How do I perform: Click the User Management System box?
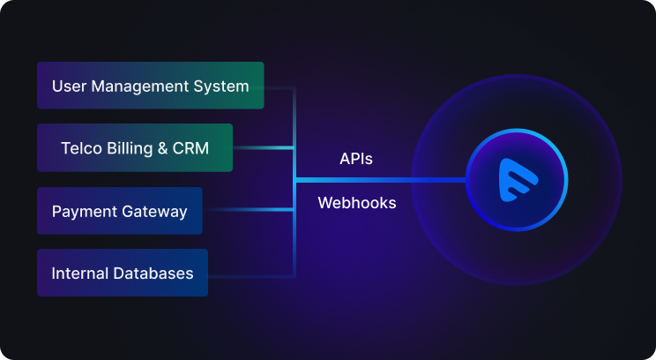(x=150, y=86)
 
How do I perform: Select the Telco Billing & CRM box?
(x=135, y=147)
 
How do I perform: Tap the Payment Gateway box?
(x=120, y=211)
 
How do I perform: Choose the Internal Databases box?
(x=123, y=273)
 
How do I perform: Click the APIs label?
(x=356, y=159)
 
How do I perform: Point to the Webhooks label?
(x=356, y=203)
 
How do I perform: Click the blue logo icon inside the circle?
(x=517, y=180)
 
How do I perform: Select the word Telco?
(x=79, y=148)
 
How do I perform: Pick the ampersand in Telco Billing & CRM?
(x=164, y=148)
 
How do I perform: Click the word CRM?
(x=191, y=148)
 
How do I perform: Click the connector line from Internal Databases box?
(x=251, y=277)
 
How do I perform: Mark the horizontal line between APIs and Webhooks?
(x=379, y=180)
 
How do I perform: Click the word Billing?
(x=128, y=148)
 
